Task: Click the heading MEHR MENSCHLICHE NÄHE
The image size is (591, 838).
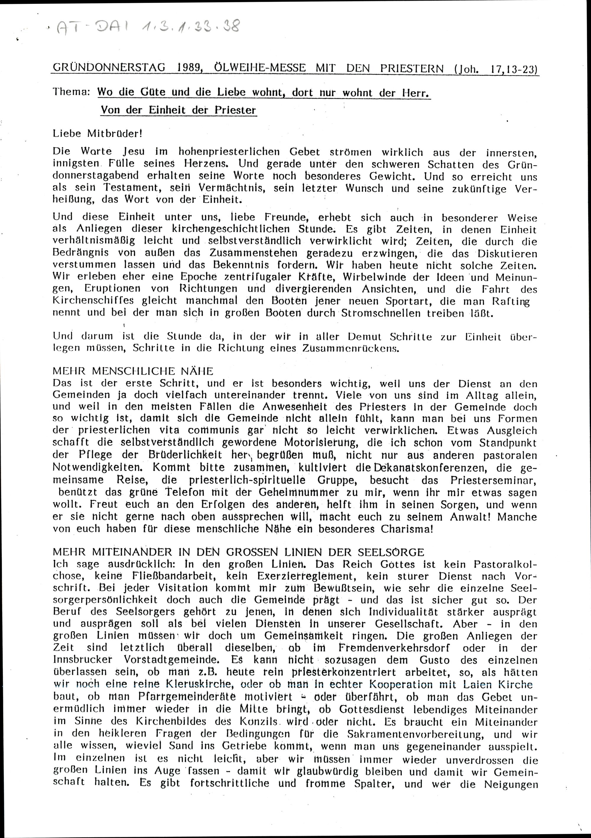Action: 133,371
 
